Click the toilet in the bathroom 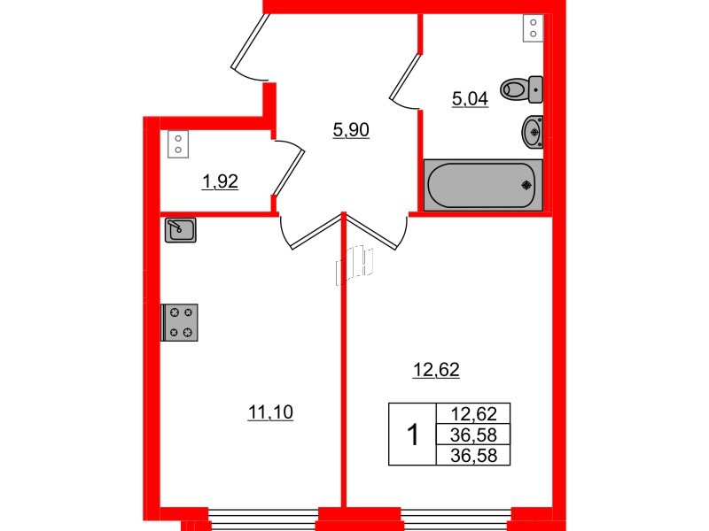click(521, 89)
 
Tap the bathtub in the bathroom click(483, 185)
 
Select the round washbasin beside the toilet click(533, 132)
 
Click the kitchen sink click(181, 230)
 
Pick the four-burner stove click(180, 322)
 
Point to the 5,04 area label click(471, 98)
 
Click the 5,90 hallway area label click(351, 130)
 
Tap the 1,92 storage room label click(220, 181)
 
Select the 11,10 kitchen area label click(270, 412)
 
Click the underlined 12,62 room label click(436, 370)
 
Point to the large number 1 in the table click(413, 435)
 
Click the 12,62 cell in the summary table click(473, 413)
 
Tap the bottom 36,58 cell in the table click(473, 456)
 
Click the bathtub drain click(526, 185)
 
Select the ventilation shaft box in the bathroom click(534, 28)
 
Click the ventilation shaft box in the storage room click(178, 144)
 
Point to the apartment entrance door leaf click(250, 41)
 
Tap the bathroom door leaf click(406, 76)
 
